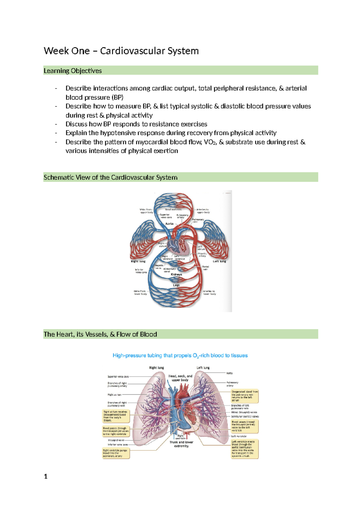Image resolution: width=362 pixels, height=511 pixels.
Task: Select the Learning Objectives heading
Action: point(73,71)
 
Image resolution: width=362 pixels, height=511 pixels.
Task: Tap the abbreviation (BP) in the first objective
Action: point(117,97)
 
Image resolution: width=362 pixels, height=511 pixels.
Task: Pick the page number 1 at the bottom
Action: point(46,476)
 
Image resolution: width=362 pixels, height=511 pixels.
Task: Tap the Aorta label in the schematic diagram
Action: point(169,224)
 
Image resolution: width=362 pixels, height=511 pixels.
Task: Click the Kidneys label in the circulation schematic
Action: point(176,274)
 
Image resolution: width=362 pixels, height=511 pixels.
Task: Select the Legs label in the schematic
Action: point(176,285)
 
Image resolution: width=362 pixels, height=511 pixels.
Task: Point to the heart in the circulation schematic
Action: point(179,246)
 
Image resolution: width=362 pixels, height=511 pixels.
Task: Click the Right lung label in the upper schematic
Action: point(138,261)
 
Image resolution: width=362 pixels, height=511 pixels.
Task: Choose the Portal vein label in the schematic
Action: point(205,268)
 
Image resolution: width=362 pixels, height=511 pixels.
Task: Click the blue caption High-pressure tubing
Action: point(180,356)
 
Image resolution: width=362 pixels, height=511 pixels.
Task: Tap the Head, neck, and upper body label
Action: point(180,378)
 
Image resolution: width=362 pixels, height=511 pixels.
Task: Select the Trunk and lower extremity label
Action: point(181,444)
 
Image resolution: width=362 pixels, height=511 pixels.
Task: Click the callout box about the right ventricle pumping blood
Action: point(116,453)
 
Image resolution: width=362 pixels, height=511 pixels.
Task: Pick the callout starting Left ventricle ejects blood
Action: point(244,449)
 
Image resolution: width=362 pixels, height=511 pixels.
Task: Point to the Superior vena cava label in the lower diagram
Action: point(118,377)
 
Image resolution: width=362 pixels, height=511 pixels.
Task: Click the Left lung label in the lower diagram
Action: point(203,368)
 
